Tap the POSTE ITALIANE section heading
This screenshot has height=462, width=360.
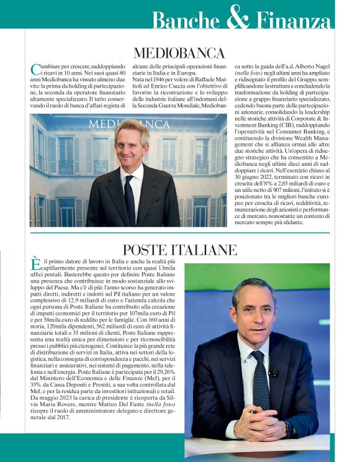(180, 250)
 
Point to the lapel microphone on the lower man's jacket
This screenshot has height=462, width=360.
(272, 373)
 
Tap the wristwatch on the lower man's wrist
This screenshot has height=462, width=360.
(287, 428)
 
